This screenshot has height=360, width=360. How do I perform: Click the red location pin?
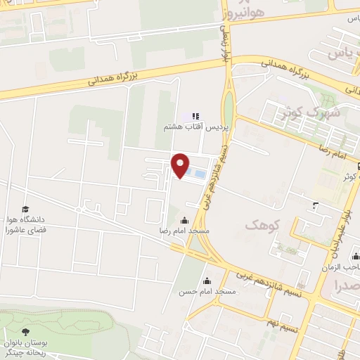pyautogui.click(x=181, y=165)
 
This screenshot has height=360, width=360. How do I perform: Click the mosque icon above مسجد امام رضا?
pyautogui.click(x=185, y=220)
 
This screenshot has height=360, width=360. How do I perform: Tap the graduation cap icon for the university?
pyautogui.click(x=26, y=210)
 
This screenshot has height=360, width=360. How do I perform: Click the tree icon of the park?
pyautogui.click(x=26, y=332)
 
